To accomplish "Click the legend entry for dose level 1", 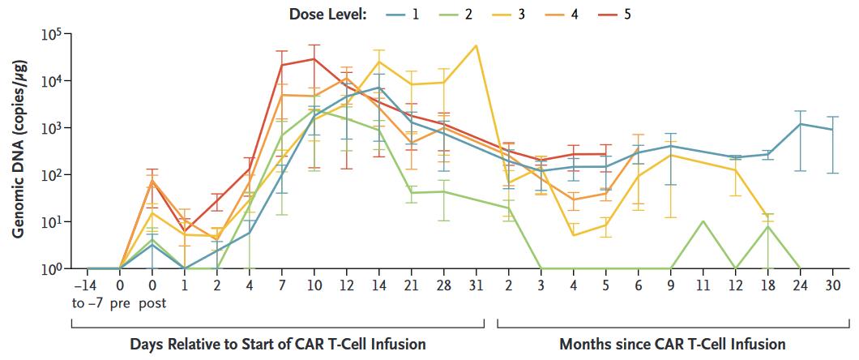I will coord(403,15).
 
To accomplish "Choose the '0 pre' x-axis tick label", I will coord(119,293).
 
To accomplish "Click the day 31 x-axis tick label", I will coord(476,285).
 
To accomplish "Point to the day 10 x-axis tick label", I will coord(314,285).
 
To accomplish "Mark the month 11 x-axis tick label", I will coord(703,285).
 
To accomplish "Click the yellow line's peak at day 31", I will coord(476,45).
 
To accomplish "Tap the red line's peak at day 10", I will coord(314,58).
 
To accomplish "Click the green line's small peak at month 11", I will coord(703,221).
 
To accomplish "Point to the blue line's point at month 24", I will coord(800,124).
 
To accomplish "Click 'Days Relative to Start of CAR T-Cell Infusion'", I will coord(278,344).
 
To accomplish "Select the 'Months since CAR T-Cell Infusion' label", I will coord(672,344).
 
